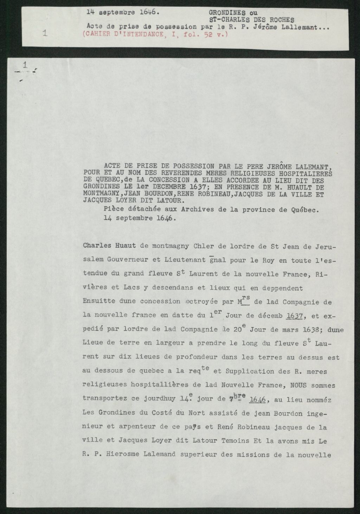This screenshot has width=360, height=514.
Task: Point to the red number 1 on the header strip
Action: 45,33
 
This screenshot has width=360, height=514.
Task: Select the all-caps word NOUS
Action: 299,385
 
